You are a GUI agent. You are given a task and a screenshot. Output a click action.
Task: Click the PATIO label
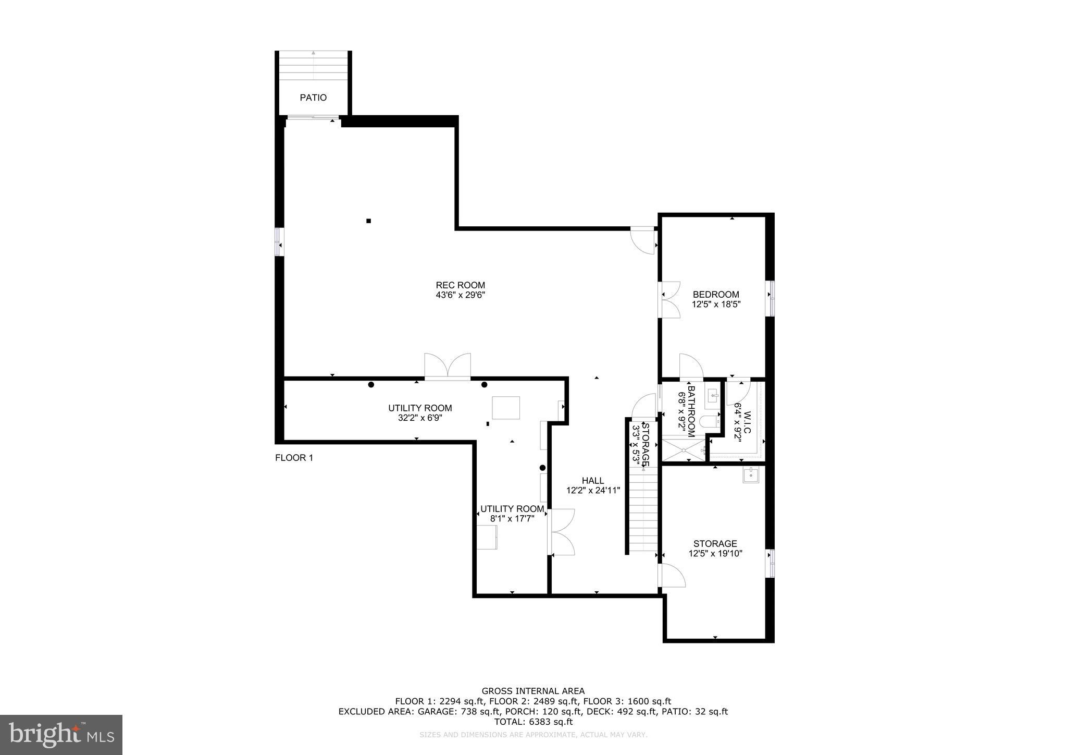click(x=313, y=98)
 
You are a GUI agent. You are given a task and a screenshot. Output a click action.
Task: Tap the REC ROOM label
click(x=460, y=285)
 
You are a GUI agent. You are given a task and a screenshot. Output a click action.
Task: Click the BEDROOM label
click(x=716, y=295)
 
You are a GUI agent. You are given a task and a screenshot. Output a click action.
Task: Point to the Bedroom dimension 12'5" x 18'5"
click(x=716, y=305)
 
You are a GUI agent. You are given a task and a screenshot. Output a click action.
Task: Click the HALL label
click(x=593, y=481)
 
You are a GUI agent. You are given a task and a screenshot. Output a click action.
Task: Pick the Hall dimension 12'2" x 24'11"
click(x=593, y=491)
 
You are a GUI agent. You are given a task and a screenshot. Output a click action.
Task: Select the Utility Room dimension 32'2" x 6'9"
click(x=420, y=418)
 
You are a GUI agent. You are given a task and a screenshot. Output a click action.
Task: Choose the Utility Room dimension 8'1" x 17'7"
click(x=512, y=519)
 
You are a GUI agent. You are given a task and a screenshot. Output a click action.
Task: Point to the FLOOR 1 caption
click(x=294, y=458)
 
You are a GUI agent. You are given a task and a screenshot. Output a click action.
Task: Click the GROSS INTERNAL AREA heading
click(x=533, y=691)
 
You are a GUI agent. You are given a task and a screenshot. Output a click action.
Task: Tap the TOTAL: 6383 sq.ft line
click(x=533, y=722)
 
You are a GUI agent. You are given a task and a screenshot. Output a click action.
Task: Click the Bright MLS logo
click(x=61, y=735)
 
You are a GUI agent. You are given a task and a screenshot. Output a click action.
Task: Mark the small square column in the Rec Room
click(x=368, y=221)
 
